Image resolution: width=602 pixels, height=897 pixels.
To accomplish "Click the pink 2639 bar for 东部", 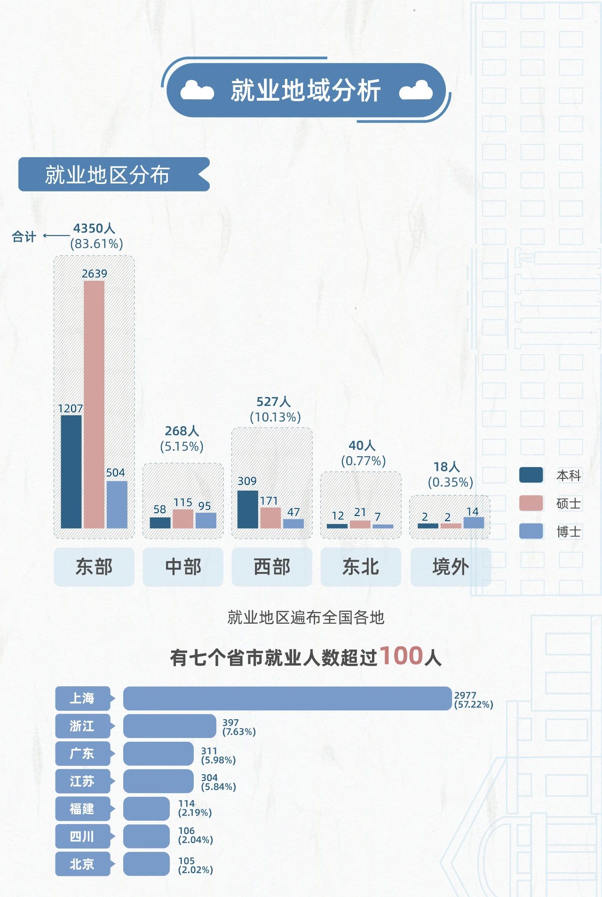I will (x=94, y=405).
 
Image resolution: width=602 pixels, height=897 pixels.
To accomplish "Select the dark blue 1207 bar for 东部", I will (x=71, y=471).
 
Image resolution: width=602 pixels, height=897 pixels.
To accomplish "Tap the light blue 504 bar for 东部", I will (x=117, y=504).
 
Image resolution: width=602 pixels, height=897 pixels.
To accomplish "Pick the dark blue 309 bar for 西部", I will (x=247, y=509).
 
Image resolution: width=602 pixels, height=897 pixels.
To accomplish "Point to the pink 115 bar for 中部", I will (x=183, y=519).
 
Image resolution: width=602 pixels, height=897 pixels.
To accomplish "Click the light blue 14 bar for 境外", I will (x=474, y=523).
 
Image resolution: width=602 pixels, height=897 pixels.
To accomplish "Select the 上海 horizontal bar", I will (x=287, y=699).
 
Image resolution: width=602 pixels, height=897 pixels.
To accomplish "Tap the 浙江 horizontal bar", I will (x=169, y=726).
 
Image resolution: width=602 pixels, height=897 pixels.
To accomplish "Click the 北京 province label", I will (x=83, y=864).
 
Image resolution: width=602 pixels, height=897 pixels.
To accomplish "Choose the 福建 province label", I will (x=83, y=809).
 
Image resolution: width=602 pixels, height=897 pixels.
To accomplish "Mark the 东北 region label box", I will (x=361, y=567).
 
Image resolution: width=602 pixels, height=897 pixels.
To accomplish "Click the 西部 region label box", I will (x=272, y=567).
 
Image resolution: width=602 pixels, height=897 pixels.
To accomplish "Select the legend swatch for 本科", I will (x=531, y=475).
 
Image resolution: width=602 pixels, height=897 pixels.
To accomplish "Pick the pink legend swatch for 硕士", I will (x=531, y=503).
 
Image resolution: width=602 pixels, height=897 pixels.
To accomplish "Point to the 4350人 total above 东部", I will (x=94, y=229).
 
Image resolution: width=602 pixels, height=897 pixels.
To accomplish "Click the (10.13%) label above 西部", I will (x=275, y=417).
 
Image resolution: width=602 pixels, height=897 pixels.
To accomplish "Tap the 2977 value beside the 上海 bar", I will (x=465, y=695).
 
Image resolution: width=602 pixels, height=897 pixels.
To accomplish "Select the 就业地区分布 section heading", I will (x=108, y=175).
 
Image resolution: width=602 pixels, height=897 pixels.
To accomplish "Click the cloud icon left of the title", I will (x=197, y=90).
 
